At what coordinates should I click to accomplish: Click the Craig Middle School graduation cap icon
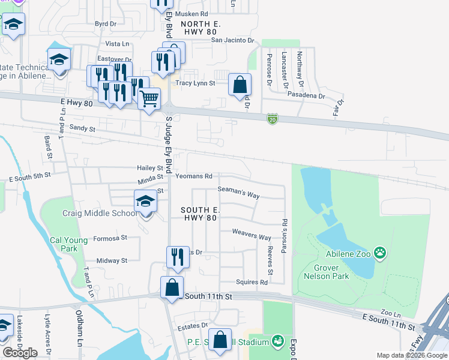pyautogui.click(x=145, y=202)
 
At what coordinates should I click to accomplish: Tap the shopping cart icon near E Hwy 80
pyautogui.click(x=149, y=98)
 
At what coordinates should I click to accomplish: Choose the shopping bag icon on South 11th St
pyautogui.click(x=172, y=287)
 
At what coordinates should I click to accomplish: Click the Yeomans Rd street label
pyautogui.click(x=194, y=176)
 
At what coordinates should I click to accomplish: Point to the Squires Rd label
pyautogui.click(x=252, y=282)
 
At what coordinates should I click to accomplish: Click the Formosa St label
pyautogui.click(x=110, y=238)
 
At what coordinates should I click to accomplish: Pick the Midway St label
pyautogui.click(x=112, y=260)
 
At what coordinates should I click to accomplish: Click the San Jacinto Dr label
pyautogui.click(x=232, y=40)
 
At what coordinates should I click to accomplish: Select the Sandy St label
pyautogui.click(x=83, y=128)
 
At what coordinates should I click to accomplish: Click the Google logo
pyautogui.click(x=20, y=353)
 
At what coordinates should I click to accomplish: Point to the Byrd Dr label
pyautogui.click(x=105, y=23)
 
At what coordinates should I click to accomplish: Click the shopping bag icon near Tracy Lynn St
pyautogui.click(x=240, y=85)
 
